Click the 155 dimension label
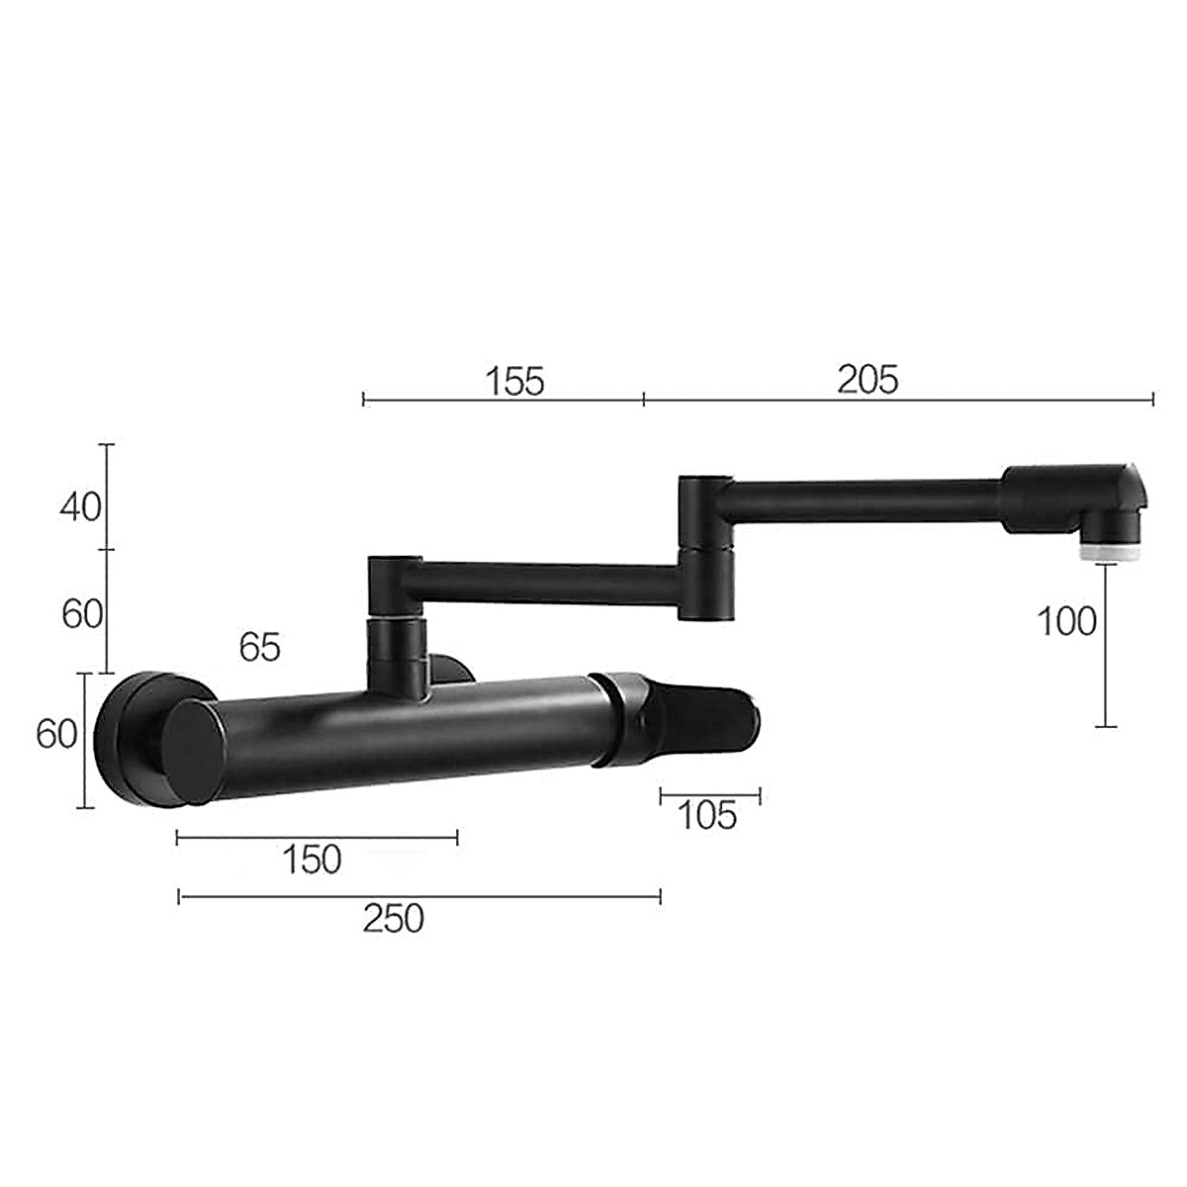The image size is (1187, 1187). [514, 381]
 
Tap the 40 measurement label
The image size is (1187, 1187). [80, 506]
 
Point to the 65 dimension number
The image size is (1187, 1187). [260, 648]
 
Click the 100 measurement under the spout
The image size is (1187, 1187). [1066, 621]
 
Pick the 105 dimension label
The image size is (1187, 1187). [707, 816]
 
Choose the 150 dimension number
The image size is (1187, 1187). [312, 860]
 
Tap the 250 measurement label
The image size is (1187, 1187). [393, 919]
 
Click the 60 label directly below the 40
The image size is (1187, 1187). [82, 614]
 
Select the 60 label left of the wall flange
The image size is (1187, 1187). [56, 735]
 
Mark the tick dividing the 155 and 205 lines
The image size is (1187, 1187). [644, 399]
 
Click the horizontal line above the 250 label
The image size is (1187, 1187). [419, 897]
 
